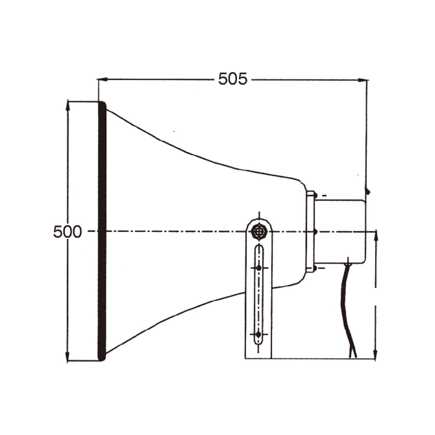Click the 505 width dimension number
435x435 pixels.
(x=233, y=79)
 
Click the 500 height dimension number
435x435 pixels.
(x=67, y=232)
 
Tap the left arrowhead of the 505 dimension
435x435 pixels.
(x=101, y=80)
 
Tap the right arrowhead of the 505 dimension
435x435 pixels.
(x=365, y=80)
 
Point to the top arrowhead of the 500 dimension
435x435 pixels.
(x=68, y=104)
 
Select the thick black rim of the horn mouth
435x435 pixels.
(x=102, y=231)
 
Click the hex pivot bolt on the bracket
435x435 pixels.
(x=259, y=231)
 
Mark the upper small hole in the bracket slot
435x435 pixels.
(x=259, y=268)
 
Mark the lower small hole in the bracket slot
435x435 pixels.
(x=259, y=334)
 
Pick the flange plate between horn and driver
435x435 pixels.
(x=310, y=231)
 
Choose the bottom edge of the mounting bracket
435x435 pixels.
(x=258, y=358)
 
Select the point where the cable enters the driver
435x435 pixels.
(x=348, y=263)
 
